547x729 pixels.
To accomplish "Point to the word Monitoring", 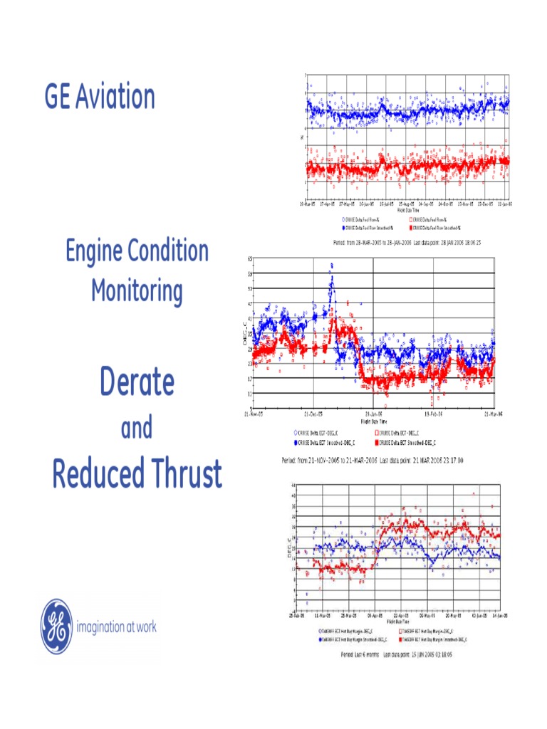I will click(x=136, y=291).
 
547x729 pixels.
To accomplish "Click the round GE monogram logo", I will click(x=56, y=626).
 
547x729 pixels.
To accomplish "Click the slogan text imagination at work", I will click(x=116, y=627).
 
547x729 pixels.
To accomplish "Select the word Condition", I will click(x=165, y=251).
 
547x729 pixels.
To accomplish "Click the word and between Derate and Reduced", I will click(x=136, y=428).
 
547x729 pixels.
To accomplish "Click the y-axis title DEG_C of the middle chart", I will click(x=243, y=335).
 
